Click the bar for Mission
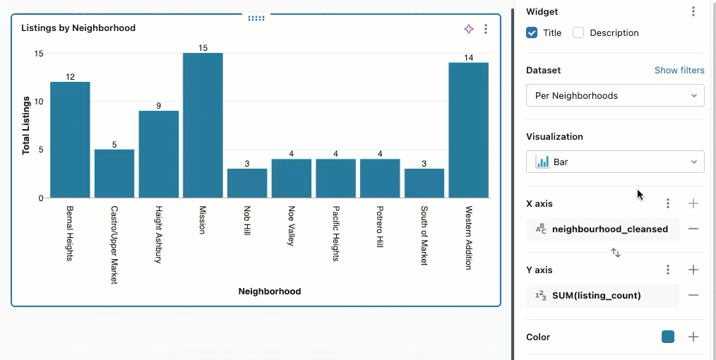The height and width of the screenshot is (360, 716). point(203,126)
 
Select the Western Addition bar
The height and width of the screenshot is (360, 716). point(468,131)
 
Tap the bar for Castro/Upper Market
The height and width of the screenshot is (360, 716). point(114,174)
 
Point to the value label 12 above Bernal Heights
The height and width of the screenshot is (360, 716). point(70,76)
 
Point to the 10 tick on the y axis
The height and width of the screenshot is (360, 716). point(39,102)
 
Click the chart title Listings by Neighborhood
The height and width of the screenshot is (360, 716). point(78,28)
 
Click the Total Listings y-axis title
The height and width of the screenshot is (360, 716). point(26,126)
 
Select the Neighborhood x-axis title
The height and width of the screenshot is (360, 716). point(269,291)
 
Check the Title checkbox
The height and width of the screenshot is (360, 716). point(532,32)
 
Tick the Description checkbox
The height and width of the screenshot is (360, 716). point(578,32)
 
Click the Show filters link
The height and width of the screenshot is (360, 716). point(679,71)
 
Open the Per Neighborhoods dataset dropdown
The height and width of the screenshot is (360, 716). point(615,96)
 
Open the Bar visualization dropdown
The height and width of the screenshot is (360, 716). point(615,162)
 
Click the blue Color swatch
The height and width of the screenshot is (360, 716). point(668,337)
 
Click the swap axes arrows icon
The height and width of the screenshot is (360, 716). point(616,252)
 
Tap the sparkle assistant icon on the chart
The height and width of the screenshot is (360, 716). point(469,29)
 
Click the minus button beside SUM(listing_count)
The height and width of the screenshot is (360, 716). point(693,295)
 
